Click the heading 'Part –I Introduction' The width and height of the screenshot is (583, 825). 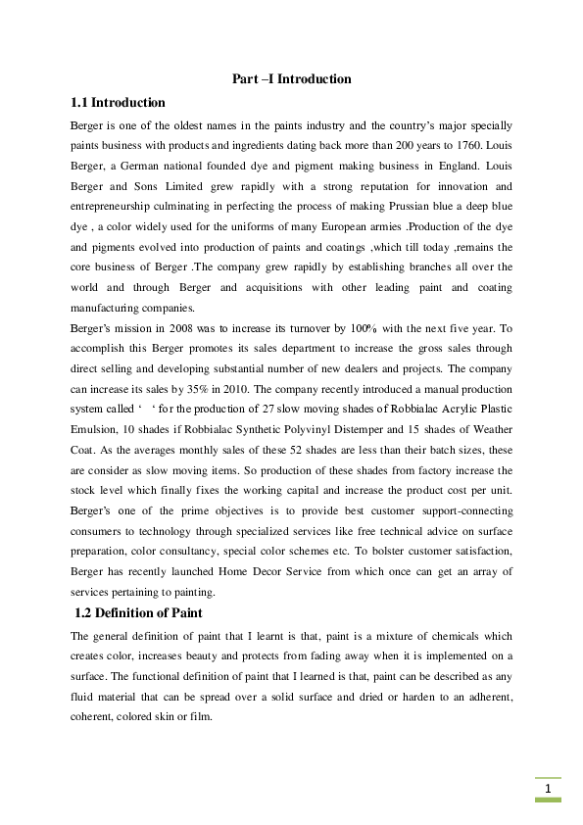(291, 78)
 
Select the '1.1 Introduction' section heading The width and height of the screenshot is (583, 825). (118, 102)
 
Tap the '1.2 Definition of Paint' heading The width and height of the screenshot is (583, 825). (139, 612)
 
